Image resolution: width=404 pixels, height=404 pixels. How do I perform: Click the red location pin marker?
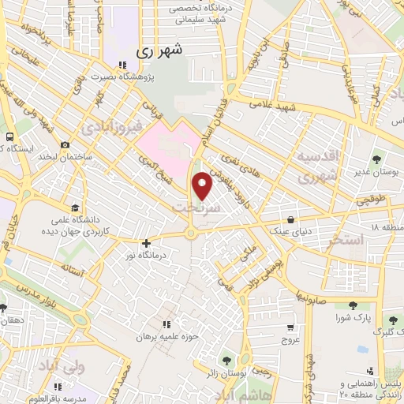203,185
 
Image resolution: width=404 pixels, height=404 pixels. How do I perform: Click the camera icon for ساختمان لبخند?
65,145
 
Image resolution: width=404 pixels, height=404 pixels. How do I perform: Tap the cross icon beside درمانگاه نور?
146,243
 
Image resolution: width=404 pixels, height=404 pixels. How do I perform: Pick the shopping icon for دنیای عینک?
292,220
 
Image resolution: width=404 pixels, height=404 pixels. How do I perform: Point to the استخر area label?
344,238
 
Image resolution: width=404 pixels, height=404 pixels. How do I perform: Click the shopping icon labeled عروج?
290,327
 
